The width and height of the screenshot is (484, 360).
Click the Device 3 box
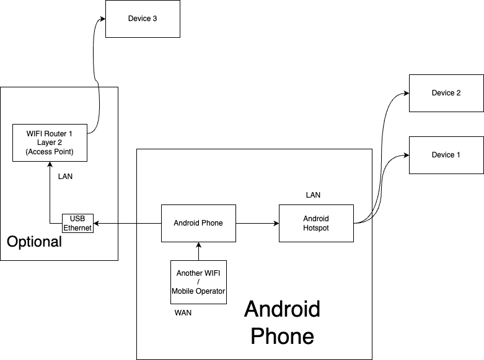click(x=143, y=19)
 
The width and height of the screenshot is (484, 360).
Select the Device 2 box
click(x=446, y=93)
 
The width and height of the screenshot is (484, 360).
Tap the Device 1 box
click(x=446, y=155)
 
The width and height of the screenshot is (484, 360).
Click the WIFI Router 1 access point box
click(x=50, y=143)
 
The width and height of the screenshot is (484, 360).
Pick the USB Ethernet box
click(x=77, y=223)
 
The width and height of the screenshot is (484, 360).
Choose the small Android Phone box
click(x=198, y=223)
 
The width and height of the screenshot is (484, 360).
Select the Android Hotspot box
click(x=316, y=223)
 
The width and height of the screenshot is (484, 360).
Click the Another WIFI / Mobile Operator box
click(x=198, y=282)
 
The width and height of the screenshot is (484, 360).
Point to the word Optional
click(x=34, y=242)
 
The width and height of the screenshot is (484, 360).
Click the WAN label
click(x=183, y=313)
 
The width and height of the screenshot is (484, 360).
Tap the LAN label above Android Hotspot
click(x=313, y=195)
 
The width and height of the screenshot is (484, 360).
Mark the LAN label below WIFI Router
click(x=65, y=177)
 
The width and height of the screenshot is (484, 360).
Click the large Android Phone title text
click(x=282, y=322)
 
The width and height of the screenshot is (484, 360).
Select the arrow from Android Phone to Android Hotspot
click(x=257, y=223)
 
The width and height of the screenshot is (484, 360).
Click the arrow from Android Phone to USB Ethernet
click(x=127, y=223)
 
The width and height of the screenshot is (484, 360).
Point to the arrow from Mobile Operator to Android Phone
click(x=198, y=251)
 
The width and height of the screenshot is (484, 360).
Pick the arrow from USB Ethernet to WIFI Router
click(x=50, y=192)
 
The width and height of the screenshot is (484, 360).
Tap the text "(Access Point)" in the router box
click(x=50, y=152)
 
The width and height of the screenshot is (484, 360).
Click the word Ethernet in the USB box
click(x=77, y=228)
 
